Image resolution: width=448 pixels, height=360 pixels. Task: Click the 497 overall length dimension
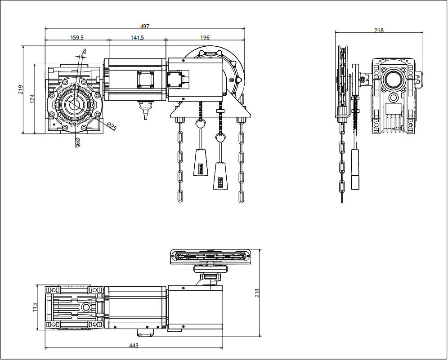pos(144,26)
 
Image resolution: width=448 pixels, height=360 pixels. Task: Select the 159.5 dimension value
pos(77,37)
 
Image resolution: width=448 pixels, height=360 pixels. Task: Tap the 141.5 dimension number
pos(137,37)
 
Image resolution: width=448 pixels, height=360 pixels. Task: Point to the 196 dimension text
pos(205,37)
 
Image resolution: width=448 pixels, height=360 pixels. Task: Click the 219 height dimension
pos(21,89)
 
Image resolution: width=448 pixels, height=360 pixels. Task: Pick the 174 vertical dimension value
pos(32,99)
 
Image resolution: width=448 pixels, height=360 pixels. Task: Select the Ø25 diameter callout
pos(112,126)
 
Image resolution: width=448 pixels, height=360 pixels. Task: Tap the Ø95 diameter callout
pos(78,142)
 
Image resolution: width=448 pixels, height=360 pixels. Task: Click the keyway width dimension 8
pos(84,51)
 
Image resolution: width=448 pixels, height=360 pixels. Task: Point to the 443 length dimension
pos(134,346)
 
